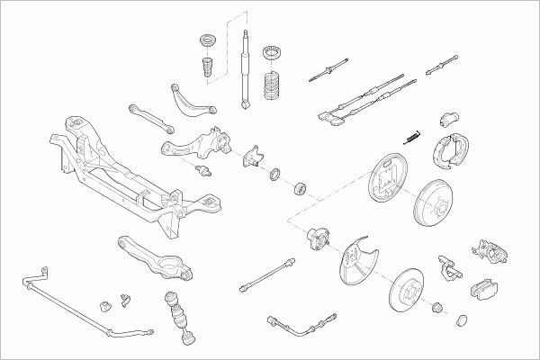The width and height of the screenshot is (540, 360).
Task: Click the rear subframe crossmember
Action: pyautogui.click(x=126, y=171)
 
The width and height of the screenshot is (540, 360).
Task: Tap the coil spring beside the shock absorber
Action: pyautogui.click(x=272, y=86)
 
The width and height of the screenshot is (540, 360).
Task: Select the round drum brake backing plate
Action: pyautogui.click(x=385, y=186)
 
